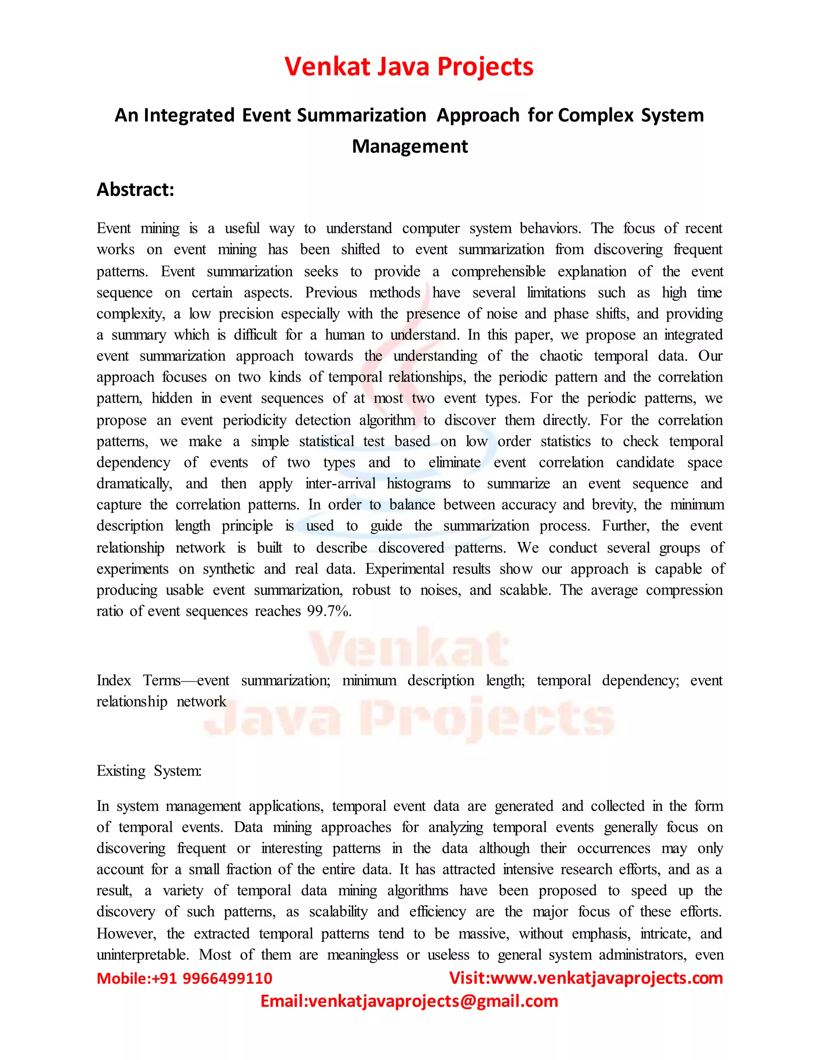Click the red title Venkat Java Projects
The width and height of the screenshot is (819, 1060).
409,66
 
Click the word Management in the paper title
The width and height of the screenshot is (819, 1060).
409,146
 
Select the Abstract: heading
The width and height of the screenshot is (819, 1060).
136,189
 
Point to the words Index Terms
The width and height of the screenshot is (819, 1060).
138,680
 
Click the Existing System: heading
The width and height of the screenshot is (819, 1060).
149,771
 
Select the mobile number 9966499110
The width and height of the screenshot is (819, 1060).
227,978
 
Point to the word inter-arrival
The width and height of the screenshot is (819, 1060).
340,484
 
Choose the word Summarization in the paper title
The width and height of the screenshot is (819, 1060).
362,115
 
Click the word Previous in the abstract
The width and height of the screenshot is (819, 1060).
331,293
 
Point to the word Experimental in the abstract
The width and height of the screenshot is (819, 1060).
405,569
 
